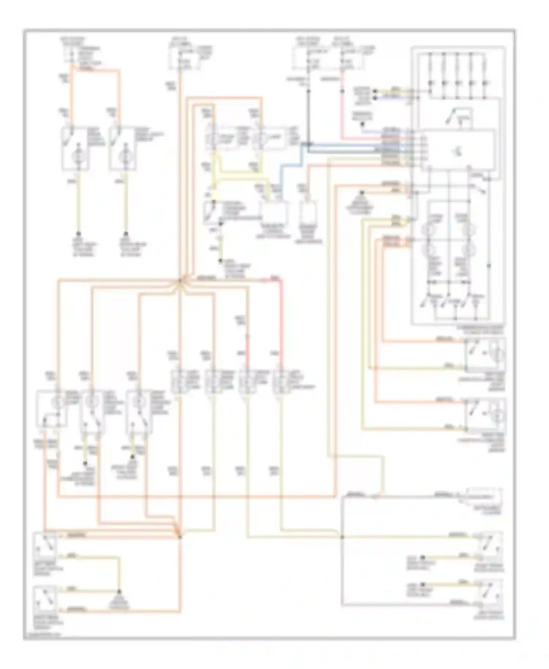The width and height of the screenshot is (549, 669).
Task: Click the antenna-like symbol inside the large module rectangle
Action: click(x=458, y=150)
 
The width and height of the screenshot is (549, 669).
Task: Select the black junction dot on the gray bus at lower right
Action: click(x=342, y=537)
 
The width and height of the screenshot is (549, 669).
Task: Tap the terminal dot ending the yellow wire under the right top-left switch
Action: click(x=126, y=233)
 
